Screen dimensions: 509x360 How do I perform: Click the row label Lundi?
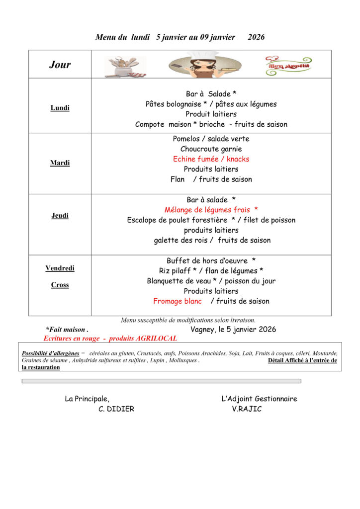pyautogui.click(x=60, y=108)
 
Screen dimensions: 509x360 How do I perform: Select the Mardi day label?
pyautogui.click(x=60, y=163)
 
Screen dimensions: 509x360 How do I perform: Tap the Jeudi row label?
pyautogui.click(x=60, y=216)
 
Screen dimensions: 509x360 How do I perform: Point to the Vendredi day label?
pyautogui.click(x=60, y=268)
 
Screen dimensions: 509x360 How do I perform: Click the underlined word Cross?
pyautogui.click(x=60, y=285)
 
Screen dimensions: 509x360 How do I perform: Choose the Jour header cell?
pyautogui.click(x=60, y=65)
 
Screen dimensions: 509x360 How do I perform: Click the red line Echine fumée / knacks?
pyautogui.click(x=211, y=159)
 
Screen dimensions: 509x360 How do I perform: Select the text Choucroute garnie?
pyautogui.click(x=211, y=149)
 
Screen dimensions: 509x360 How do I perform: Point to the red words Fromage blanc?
pyautogui.click(x=178, y=301)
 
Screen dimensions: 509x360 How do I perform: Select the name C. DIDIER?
pyautogui.click(x=116, y=409)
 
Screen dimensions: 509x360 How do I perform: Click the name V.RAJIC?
pyautogui.click(x=247, y=409)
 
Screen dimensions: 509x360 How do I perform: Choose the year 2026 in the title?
pyautogui.click(x=256, y=37)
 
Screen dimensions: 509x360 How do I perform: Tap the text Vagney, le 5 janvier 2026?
pyautogui.click(x=233, y=330)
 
